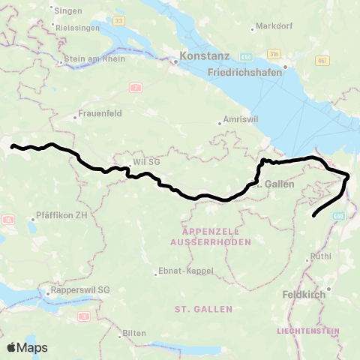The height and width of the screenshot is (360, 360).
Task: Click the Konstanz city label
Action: (x=200, y=55)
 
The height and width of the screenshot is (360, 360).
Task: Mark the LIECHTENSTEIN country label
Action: (x=307, y=331)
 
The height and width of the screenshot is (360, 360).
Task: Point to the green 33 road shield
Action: (x=119, y=21)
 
